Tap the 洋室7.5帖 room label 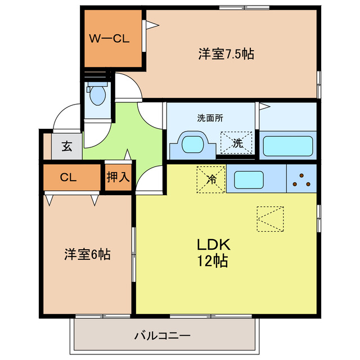(226, 54)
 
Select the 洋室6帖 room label (86, 254)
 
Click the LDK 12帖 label (212, 253)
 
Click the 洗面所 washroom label (210, 118)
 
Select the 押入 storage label (119, 177)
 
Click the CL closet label (68, 177)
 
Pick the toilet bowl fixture (98, 95)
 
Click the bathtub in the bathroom (287, 145)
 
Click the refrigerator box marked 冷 (211, 179)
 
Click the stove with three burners (301, 179)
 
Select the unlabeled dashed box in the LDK (270, 219)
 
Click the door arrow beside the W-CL (151, 24)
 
